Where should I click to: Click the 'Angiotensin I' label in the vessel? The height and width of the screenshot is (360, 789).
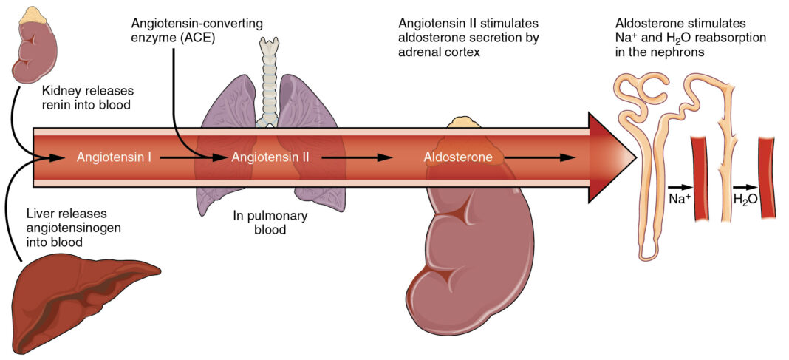115,157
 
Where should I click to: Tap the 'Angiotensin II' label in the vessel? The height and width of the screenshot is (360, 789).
270,157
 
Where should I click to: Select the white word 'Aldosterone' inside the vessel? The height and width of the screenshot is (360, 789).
457,157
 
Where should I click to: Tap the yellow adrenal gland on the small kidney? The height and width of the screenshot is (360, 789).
33,15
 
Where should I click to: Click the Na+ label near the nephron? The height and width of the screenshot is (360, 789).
680,200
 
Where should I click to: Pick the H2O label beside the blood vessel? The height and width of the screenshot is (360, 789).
745,200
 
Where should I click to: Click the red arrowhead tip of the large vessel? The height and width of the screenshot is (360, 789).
636,157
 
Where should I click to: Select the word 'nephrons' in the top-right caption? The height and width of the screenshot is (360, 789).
675,52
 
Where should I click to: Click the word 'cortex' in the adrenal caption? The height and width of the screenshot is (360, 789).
463,52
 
